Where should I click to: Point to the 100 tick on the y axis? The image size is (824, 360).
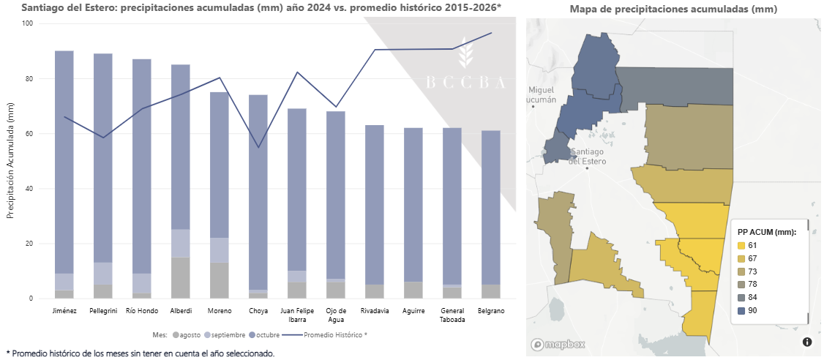pos(28,23)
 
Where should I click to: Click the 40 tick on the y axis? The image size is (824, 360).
pos(30,189)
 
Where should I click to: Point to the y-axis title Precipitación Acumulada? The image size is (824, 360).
pos(10,161)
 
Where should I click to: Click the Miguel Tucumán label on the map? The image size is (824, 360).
pos(542,94)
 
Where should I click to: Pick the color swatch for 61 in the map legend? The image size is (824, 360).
pos(741,246)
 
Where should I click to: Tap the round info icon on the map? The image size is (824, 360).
pos(807,342)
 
